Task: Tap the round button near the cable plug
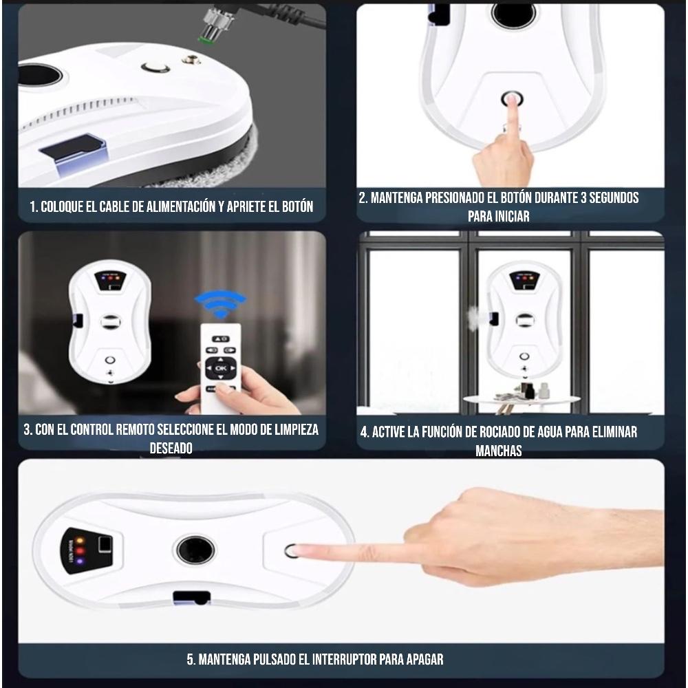[x=155, y=67]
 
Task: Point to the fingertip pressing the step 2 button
[x=511, y=101]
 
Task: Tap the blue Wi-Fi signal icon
[x=219, y=303]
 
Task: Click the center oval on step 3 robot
[x=110, y=321]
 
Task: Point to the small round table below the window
[x=521, y=400]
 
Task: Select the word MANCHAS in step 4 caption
[x=498, y=451]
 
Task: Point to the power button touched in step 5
[x=291, y=550]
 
